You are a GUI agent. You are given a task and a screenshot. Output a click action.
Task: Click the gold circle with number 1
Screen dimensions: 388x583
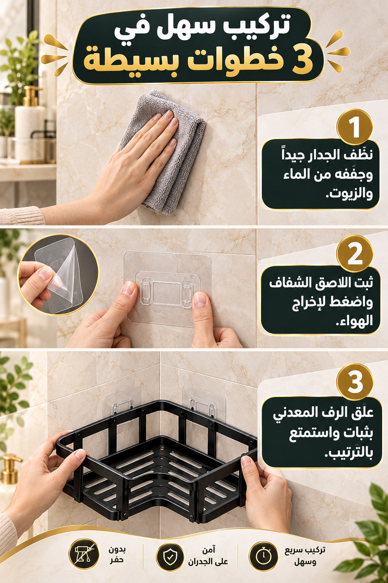pos(355,127)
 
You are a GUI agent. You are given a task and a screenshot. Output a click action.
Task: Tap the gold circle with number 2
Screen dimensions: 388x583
pos(355,254)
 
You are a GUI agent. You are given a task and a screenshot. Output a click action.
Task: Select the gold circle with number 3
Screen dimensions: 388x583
pos(355,382)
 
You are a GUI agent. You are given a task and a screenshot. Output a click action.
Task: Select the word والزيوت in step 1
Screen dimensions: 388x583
pos(349,194)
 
